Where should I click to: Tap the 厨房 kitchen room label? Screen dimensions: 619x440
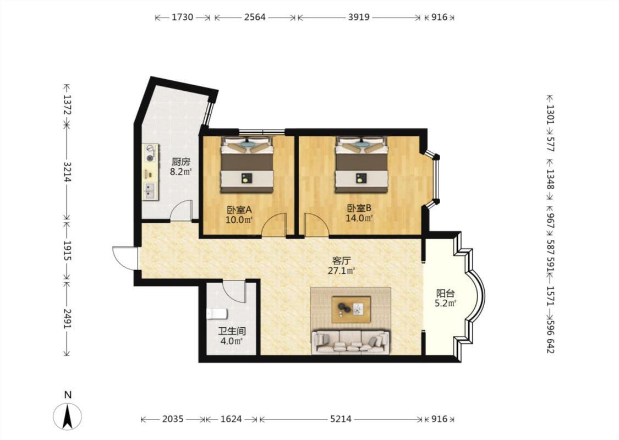pos(181,162)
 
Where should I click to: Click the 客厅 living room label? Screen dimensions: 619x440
pos(342,261)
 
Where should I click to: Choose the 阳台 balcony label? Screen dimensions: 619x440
pos(445,294)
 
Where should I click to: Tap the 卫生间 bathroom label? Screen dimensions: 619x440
pos(233,332)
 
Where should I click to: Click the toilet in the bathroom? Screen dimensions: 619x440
pos(217,314)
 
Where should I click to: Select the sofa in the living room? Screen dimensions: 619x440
pos(350,342)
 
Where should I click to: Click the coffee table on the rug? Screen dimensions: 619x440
pos(351,310)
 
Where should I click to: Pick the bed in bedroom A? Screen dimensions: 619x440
pos(246,164)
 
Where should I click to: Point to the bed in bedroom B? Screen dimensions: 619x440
pos(361,164)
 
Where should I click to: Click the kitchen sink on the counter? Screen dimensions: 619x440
pos(150,191)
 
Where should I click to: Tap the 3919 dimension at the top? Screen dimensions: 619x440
pos(359,18)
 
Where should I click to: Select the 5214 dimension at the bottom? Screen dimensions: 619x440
pos(341,419)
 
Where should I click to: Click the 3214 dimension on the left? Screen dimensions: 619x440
pos(67,172)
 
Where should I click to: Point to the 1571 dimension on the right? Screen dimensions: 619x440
pos(550,295)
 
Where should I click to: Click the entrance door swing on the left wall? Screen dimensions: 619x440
pos(124,258)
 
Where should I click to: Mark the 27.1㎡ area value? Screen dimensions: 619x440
pos(342,271)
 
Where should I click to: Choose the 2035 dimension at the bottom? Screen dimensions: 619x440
pos(173,419)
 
